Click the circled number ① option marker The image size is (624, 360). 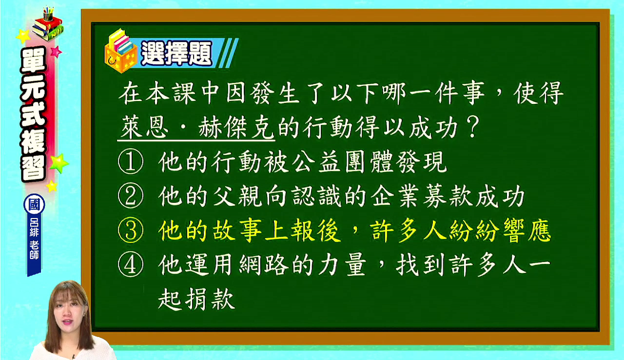pos(131,162)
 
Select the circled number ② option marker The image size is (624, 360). pos(131,196)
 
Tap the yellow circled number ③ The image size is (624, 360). pos(131,230)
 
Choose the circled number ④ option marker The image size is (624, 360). pos(131,265)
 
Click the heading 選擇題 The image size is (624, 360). pos(176,53)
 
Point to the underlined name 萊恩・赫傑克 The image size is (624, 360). pos(196,128)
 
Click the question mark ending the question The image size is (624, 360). pos(472,128)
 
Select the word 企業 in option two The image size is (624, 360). pos(395,197)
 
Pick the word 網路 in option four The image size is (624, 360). pos(263,265)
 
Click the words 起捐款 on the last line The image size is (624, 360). pos(196,299)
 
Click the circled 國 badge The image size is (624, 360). pos(34,204)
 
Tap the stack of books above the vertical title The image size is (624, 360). pos(48,25)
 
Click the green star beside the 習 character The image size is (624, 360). pos(59,163)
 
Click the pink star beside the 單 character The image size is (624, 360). pos(56,52)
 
